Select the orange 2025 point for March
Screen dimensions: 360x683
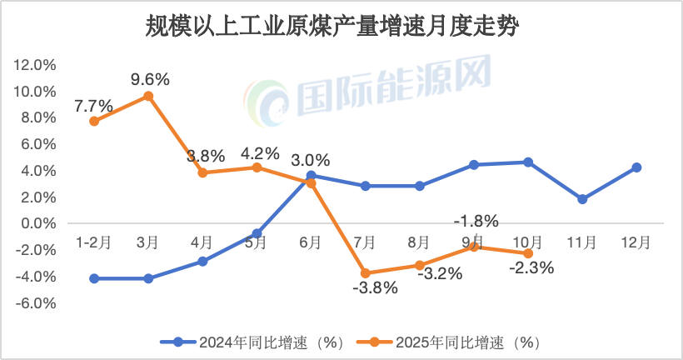(x=148, y=96)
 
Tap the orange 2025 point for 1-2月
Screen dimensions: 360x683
(x=94, y=121)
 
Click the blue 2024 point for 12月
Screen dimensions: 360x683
(x=636, y=167)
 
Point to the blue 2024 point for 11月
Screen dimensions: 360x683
(x=582, y=199)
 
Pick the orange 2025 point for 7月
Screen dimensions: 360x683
(x=365, y=273)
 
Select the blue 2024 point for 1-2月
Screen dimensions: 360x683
(x=94, y=278)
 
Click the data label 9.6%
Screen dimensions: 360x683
(x=150, y=80)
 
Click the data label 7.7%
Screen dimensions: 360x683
(x=93, y=106)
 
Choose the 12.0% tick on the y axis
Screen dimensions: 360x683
(x=35, y=65)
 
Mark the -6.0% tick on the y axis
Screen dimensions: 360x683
(x=35, y=303)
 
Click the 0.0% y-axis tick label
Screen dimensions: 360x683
(x=37, y=224)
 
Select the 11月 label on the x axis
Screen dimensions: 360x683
(x=581, y=242)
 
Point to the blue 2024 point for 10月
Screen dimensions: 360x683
(x=528, y=162)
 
